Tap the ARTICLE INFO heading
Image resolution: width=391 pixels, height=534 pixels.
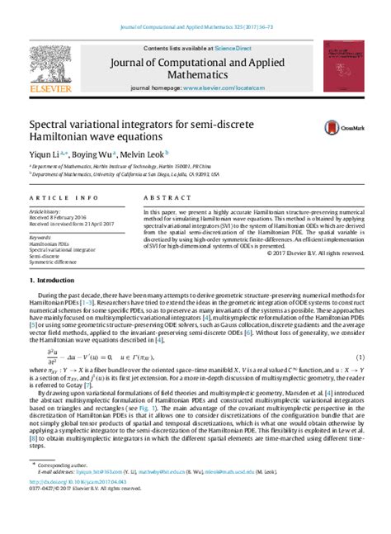tap(56, 199)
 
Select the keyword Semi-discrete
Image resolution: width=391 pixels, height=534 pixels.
tap(46, 256)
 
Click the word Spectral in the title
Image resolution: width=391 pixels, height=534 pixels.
tap(54, 122)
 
